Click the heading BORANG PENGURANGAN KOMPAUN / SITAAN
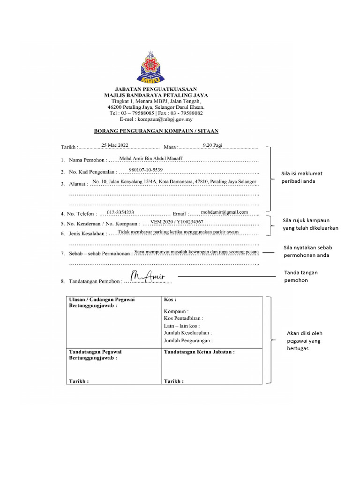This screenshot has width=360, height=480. (x=157, y=131)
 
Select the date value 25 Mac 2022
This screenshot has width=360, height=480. (x=114, y=145)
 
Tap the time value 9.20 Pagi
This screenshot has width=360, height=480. (x=212, y=145)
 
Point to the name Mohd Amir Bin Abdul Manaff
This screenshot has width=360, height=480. (x=151, y=159)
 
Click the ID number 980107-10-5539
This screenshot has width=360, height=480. (x=146, y=170)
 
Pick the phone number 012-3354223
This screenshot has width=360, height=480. (x=120, y=212)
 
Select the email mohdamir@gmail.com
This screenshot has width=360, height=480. (x=224, y=212)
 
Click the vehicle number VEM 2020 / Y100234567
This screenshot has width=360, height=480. (x=177, y=221)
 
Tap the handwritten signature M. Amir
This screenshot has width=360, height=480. (x=146, y=277)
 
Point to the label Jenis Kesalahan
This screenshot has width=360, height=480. (x=87, y=233)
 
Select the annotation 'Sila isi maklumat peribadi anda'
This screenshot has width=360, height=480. (x=302, y=177)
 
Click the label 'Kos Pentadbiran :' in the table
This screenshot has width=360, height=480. (x=183, y=318)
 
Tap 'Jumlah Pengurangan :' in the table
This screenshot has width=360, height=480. (x=188, y=340)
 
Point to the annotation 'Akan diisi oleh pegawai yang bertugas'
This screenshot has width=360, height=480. (x=305, y=341)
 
